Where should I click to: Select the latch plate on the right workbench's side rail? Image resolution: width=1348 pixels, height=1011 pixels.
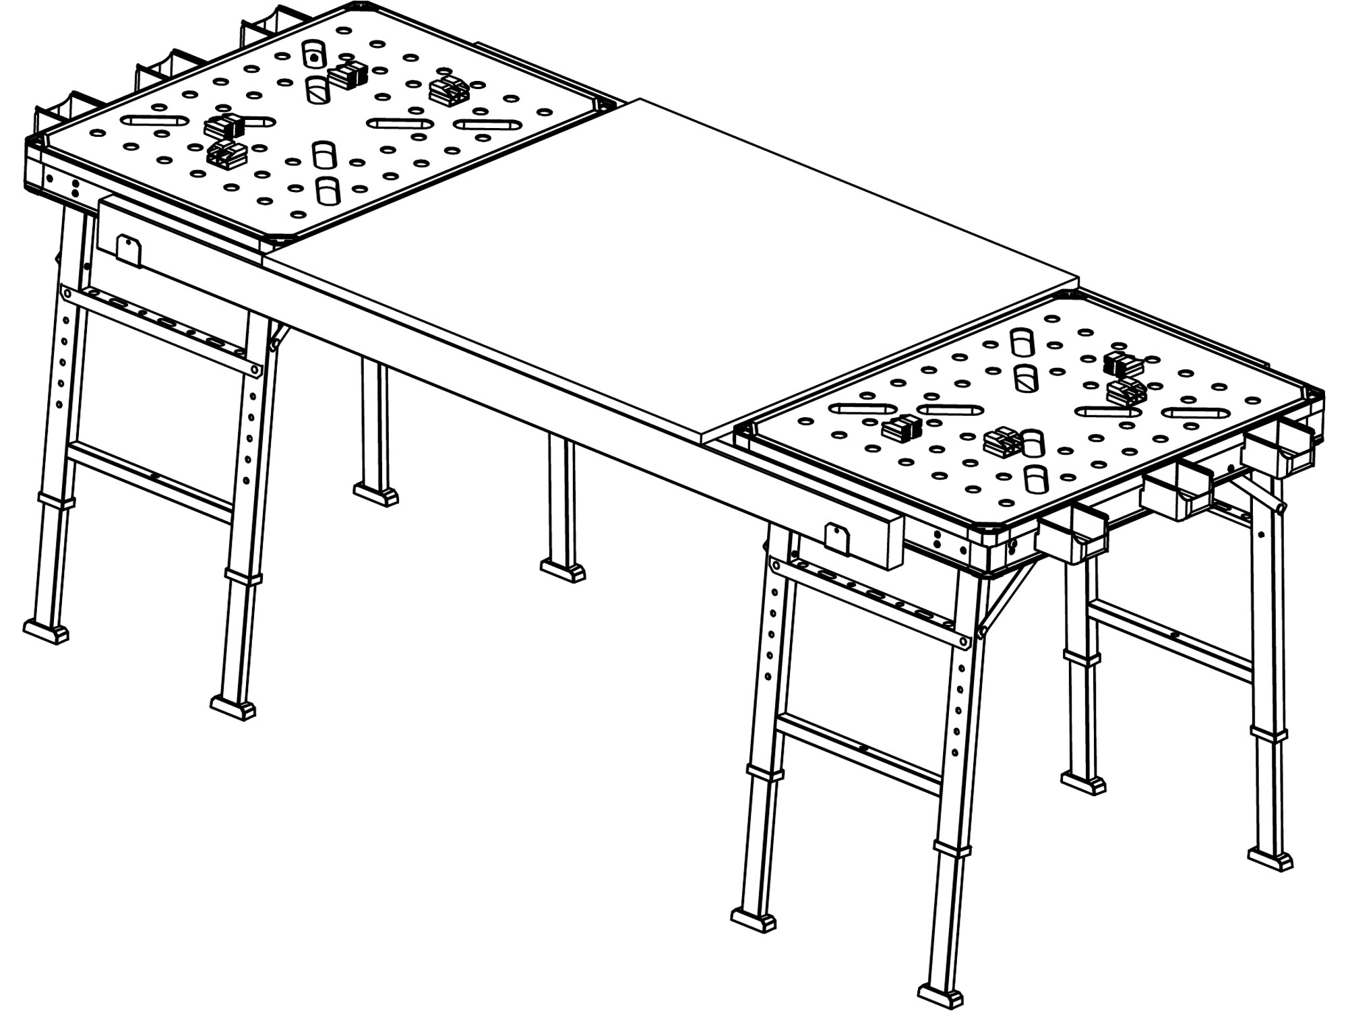[836, 538]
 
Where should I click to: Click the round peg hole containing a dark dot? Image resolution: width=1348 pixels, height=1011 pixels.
[313, 58]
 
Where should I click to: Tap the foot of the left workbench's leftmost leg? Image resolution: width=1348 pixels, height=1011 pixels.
[46, 632]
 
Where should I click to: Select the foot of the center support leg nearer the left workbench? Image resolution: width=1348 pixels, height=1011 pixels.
[375, 494]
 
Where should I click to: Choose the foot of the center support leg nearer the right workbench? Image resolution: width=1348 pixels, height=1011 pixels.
[563, 570]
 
